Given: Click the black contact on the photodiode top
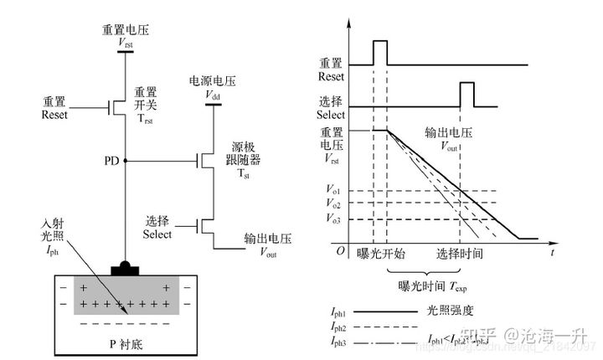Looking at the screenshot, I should click(x=125, y=269).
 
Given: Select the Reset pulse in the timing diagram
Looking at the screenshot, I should click(x=379, y=52).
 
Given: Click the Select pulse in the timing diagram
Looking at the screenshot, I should click(x=466, y=94).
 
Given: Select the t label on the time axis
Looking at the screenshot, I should click(x=554, y=250).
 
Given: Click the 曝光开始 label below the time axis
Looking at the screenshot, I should click(x=380, y=253).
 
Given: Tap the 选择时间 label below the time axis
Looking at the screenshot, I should click(x=460, y=253).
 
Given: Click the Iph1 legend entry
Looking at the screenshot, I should click(x=338, y=310).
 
